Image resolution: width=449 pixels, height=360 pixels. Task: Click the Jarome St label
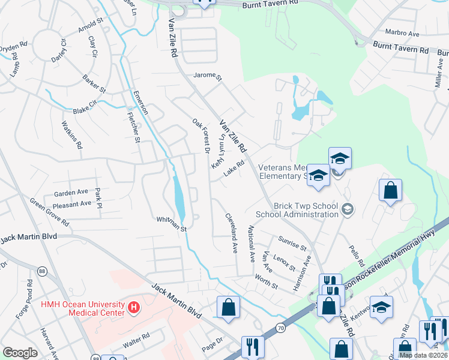pos(207,77)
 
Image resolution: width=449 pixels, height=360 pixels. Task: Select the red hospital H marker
pos(134,309)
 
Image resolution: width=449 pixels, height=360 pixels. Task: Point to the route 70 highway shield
pos(280,328)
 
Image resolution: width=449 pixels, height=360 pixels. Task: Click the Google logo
pos(20,353)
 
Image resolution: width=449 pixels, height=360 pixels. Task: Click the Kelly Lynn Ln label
pos(218,151)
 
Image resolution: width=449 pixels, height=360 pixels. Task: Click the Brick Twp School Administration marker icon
pos(347,209)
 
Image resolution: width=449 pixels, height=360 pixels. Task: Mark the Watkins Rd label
pos(71,134)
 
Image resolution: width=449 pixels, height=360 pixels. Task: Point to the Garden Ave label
pos(71,193)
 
